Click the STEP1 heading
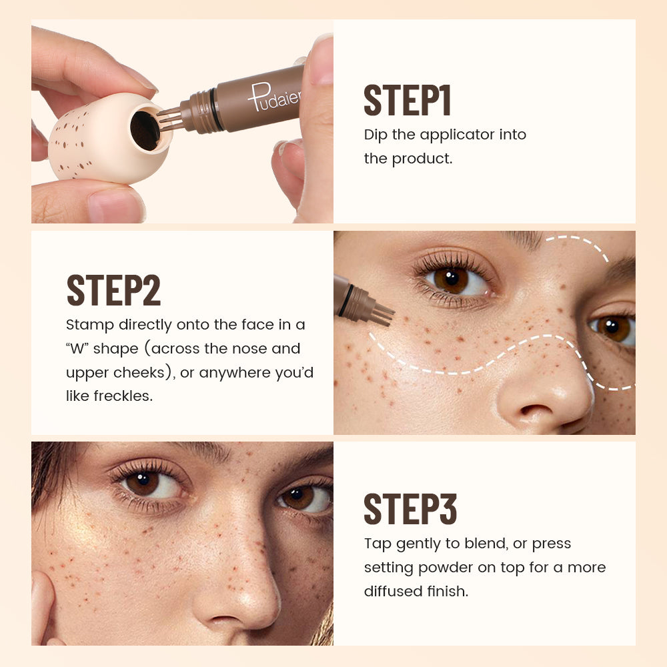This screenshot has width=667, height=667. point(408,101)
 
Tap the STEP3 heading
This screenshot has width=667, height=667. point(410,509)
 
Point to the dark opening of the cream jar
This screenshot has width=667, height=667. point(145,129)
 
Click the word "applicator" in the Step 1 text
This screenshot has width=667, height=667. point(454,135)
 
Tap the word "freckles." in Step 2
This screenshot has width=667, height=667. point(109,396)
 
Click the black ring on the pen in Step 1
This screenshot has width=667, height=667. point(214,109)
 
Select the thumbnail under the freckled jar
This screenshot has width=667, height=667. point(114,207)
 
